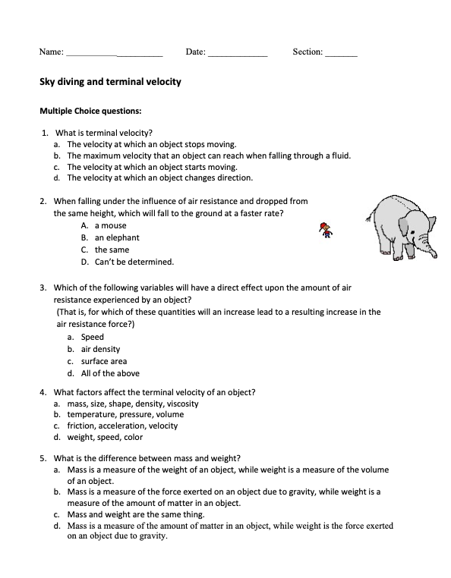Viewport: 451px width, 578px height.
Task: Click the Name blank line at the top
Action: point(114,54)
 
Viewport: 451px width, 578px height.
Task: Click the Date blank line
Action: point(237,54)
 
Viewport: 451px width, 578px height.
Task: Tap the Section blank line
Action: point(340,54)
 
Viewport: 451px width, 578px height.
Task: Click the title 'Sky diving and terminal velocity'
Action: point(109,81)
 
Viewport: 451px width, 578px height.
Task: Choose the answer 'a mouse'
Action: point(110,226)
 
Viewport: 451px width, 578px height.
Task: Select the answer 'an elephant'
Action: point(117,238)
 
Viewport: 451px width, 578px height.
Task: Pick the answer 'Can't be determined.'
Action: point(134,262)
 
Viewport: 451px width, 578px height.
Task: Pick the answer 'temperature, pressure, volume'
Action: point(125,415)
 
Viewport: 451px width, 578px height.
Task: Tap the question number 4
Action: point(43,392)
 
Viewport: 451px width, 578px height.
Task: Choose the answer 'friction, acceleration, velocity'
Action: point(122,426)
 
